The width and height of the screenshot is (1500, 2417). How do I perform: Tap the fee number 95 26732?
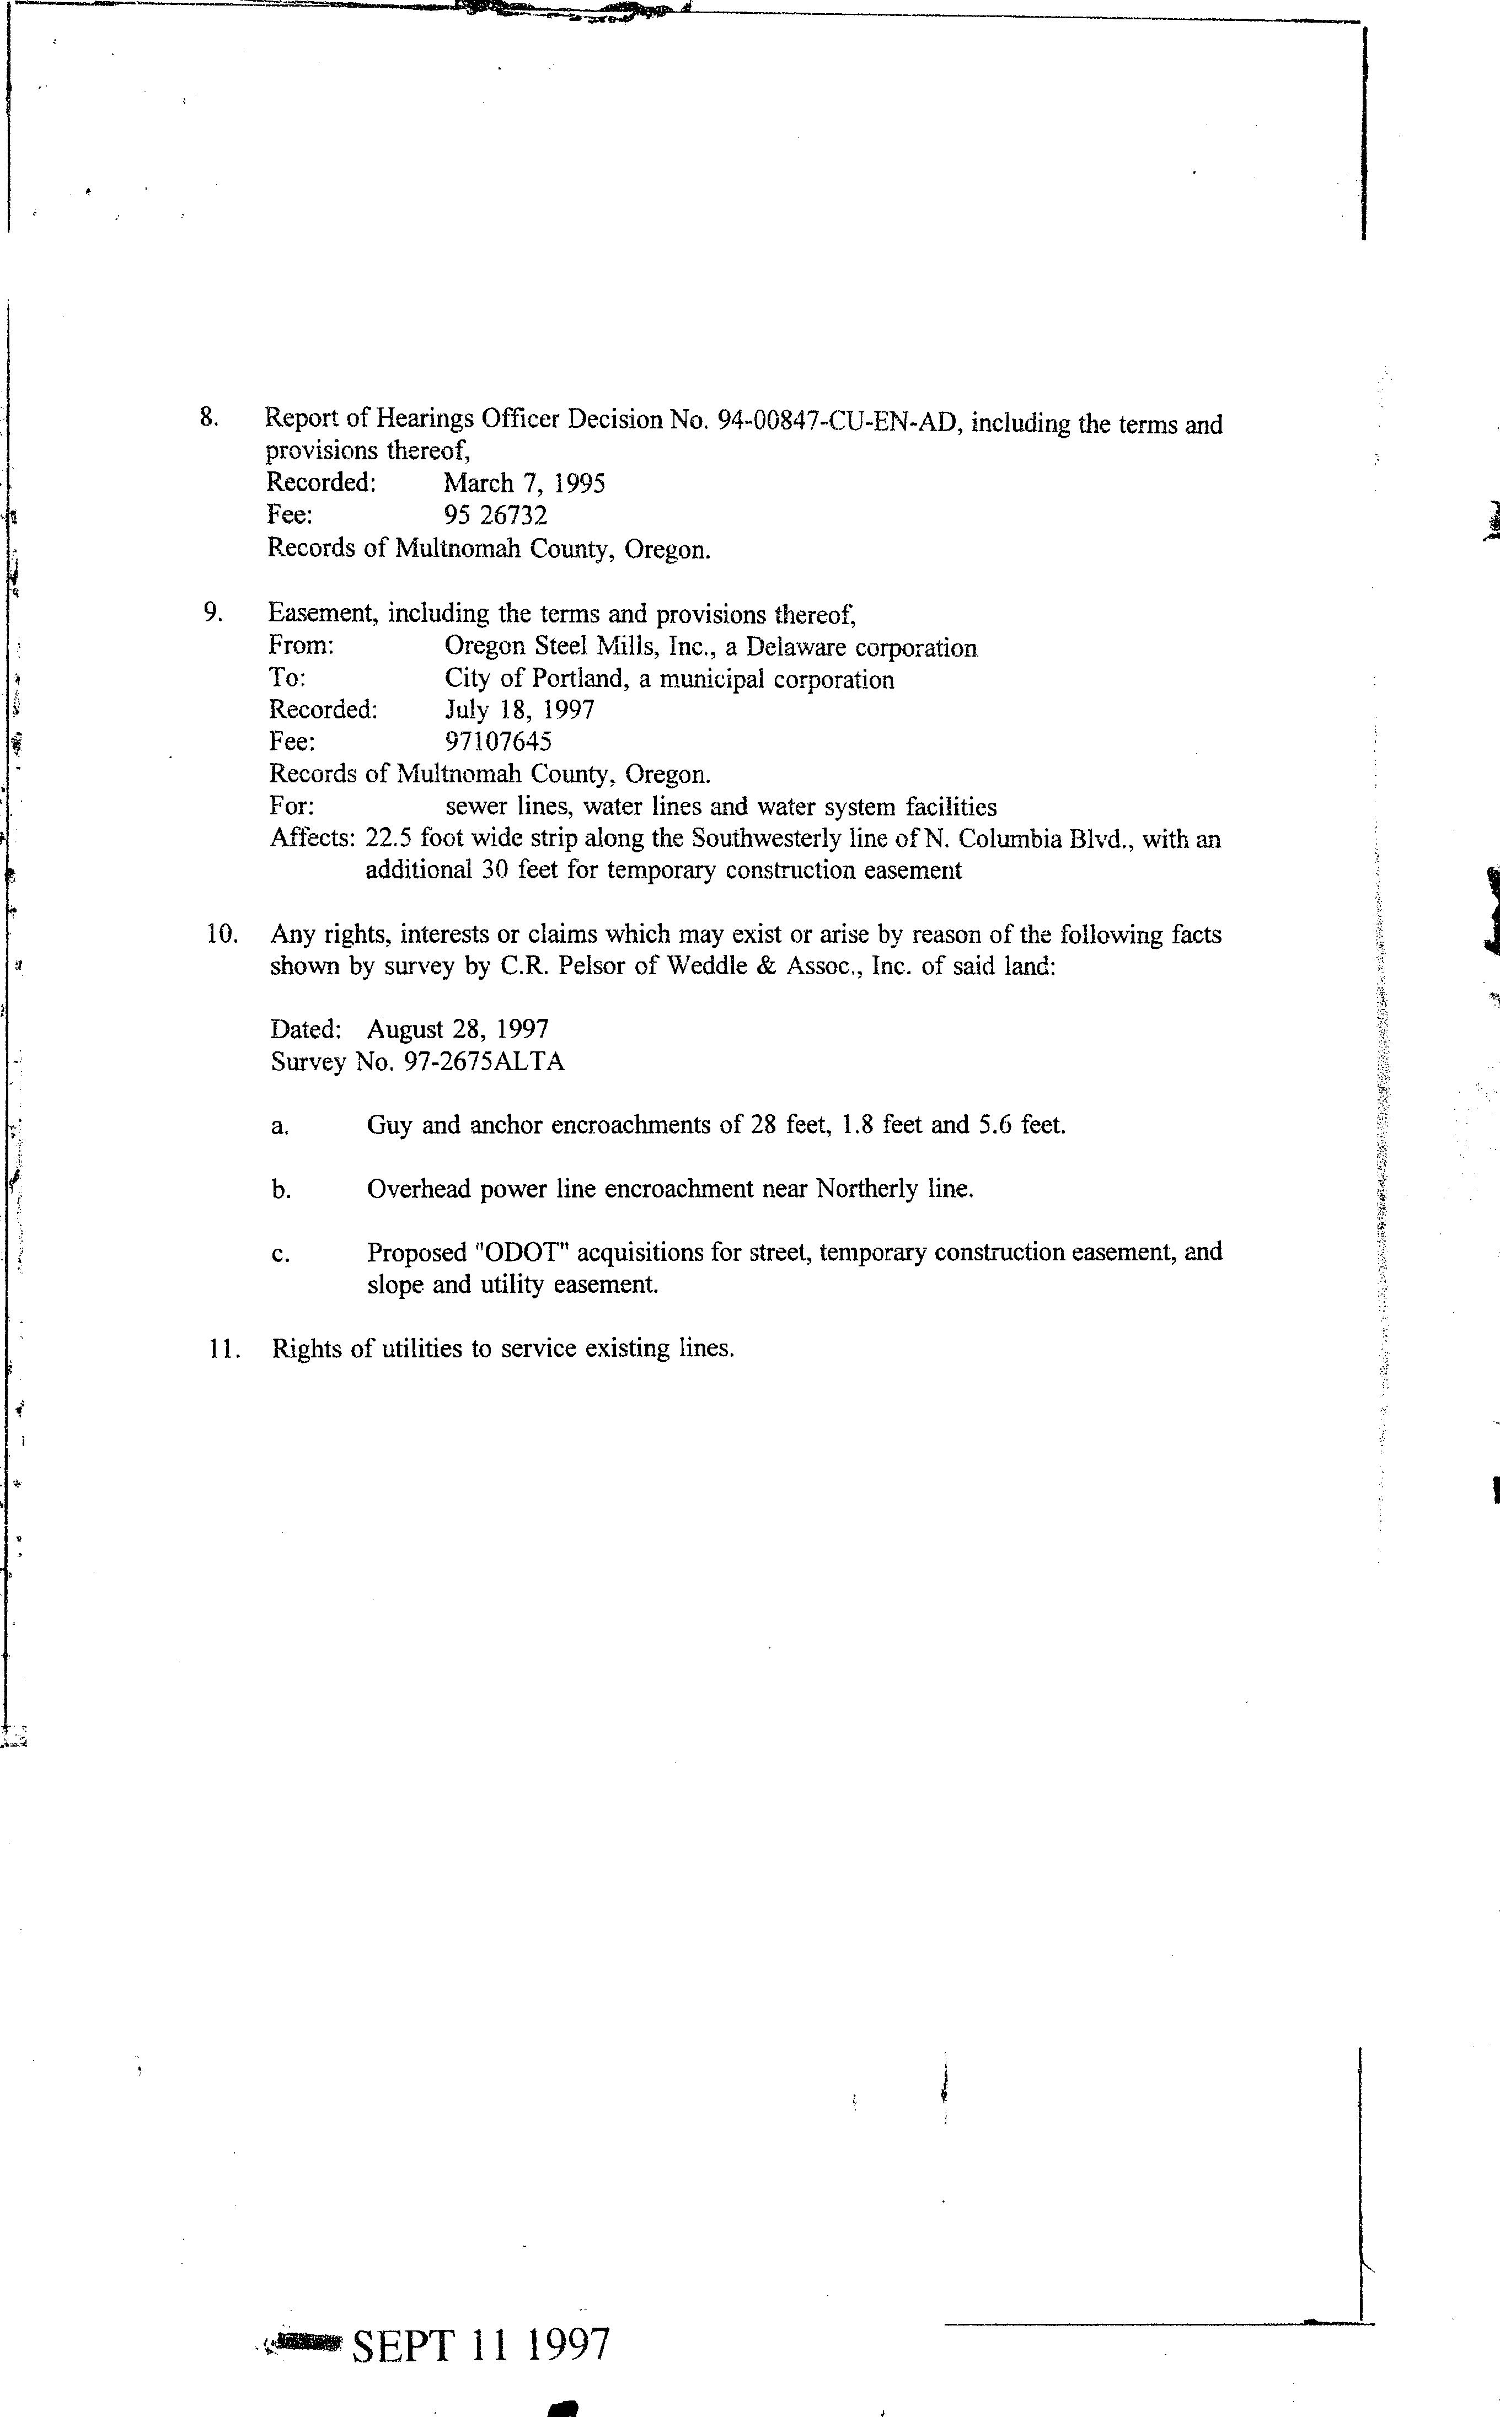tap(495, 515)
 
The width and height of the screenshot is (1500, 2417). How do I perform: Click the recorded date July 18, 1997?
tap(519, 710)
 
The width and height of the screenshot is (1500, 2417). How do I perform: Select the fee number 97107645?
tap(498, 742)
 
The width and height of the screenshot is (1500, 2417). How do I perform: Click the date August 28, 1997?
tap(457, 1029)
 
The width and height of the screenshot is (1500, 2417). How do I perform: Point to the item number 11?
tap(225, 1349)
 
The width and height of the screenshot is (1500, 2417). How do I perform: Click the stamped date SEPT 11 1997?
tap(480, 2345)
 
